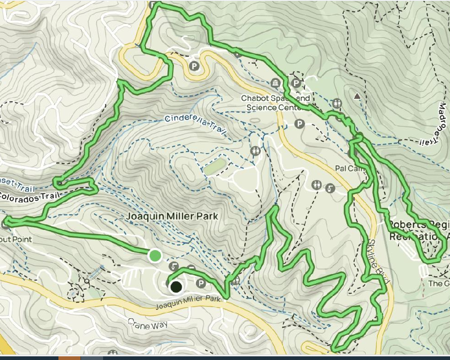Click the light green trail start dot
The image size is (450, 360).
(155, 255)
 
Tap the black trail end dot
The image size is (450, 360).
(175, 287)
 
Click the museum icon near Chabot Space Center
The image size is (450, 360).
(276, 83)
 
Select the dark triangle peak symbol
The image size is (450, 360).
(357, 96)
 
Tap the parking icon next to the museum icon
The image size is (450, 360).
(297, 84)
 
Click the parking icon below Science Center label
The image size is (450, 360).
(300, 124)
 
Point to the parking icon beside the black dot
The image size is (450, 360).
(201, 283)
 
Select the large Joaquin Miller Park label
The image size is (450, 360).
(172, 216)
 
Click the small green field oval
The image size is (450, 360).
(215, 166)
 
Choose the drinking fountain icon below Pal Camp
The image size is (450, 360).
(330, 188)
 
